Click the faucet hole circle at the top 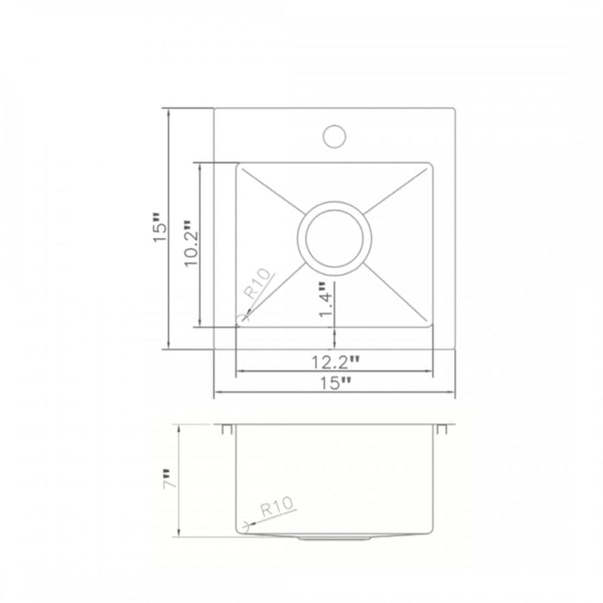tap(334, 135)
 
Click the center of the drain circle tap(334, 239)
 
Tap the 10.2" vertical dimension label tap(190, 246)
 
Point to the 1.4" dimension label tap(325, 301)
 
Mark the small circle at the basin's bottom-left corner tap(243, 320)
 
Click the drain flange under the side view tap(334, 537)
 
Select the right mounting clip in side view tap(442, 428)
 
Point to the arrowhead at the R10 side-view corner tap(246, 523)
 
